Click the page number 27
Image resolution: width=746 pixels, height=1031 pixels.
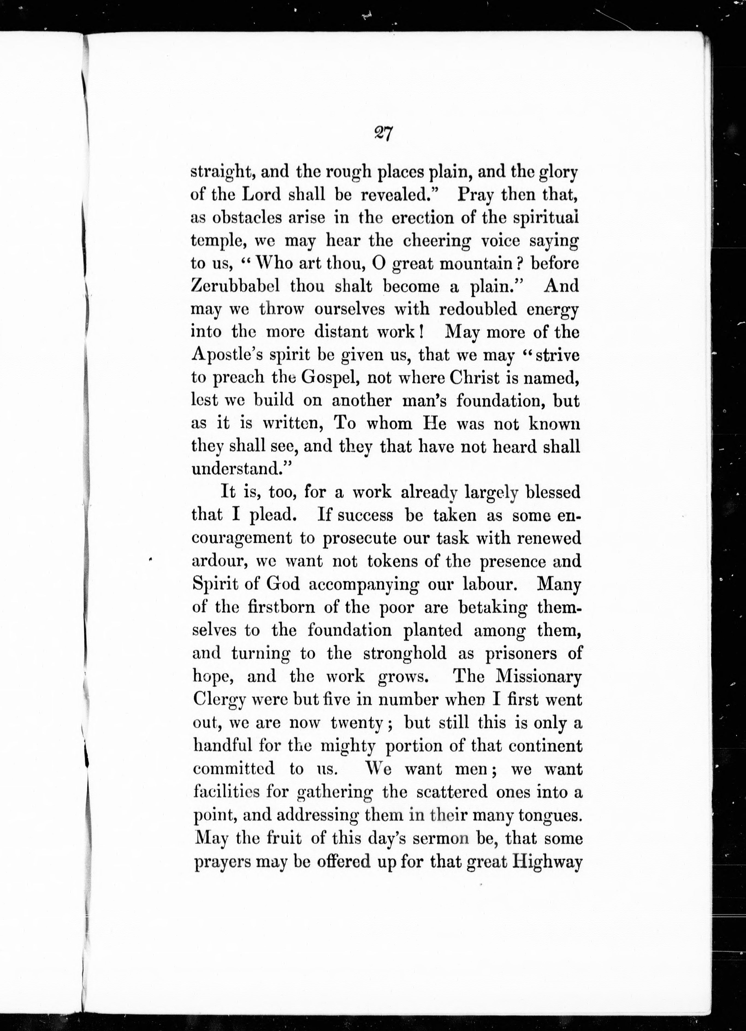(x=383, y=135)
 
